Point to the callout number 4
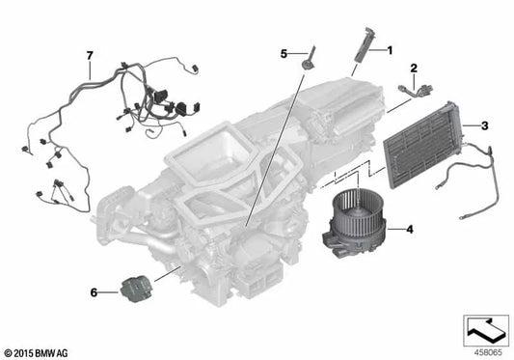click(x=410, y=230)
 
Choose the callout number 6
click(x=94, y=291)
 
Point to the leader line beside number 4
click(x=394, y=230)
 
